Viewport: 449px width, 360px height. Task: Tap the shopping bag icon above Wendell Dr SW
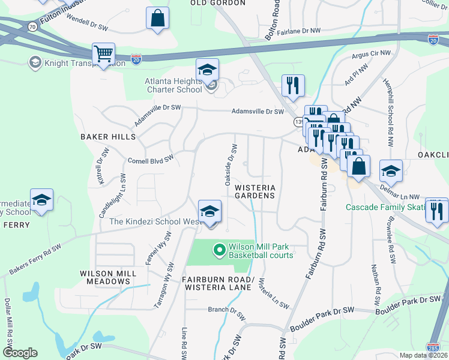157,19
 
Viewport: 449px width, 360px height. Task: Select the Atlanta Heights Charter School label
173,85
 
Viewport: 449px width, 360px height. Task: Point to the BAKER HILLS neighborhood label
108,137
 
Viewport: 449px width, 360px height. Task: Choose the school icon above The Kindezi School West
209,212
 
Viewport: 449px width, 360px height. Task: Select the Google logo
20,352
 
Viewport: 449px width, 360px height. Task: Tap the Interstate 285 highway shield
433,347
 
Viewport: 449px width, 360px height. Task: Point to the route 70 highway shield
32,25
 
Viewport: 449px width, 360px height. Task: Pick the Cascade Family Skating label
384,208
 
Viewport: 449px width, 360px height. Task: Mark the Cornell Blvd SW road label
151,160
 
